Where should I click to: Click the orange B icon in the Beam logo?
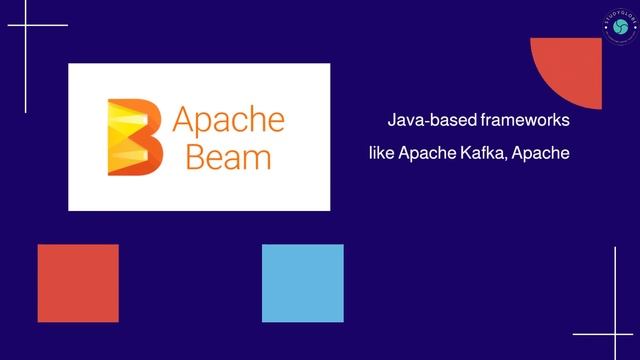pyautogui.click(x=134, y=137)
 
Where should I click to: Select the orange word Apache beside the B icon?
pyautogui.click(x=229, y=120)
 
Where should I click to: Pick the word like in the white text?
pyautogui.click(x=382, y=154)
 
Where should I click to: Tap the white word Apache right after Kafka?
pyautogui.click(x=540, y=154)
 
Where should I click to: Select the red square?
pyautogui.click(x=78, y=283)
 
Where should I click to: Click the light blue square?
pyautogui.click(x=302, y=283)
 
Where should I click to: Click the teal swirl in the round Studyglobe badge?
pyautogui.click(x=620, y=26)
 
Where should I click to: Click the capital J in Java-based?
pyautogui.click(x=391, y=121)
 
